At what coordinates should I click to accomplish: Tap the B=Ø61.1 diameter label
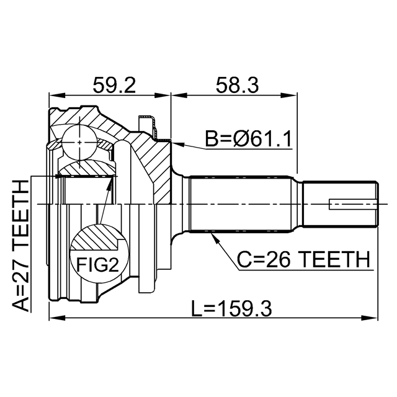248,138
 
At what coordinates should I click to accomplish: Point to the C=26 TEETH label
303,259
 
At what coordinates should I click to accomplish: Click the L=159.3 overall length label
231,309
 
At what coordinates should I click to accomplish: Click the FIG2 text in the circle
97,264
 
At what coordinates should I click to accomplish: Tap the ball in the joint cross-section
79,142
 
